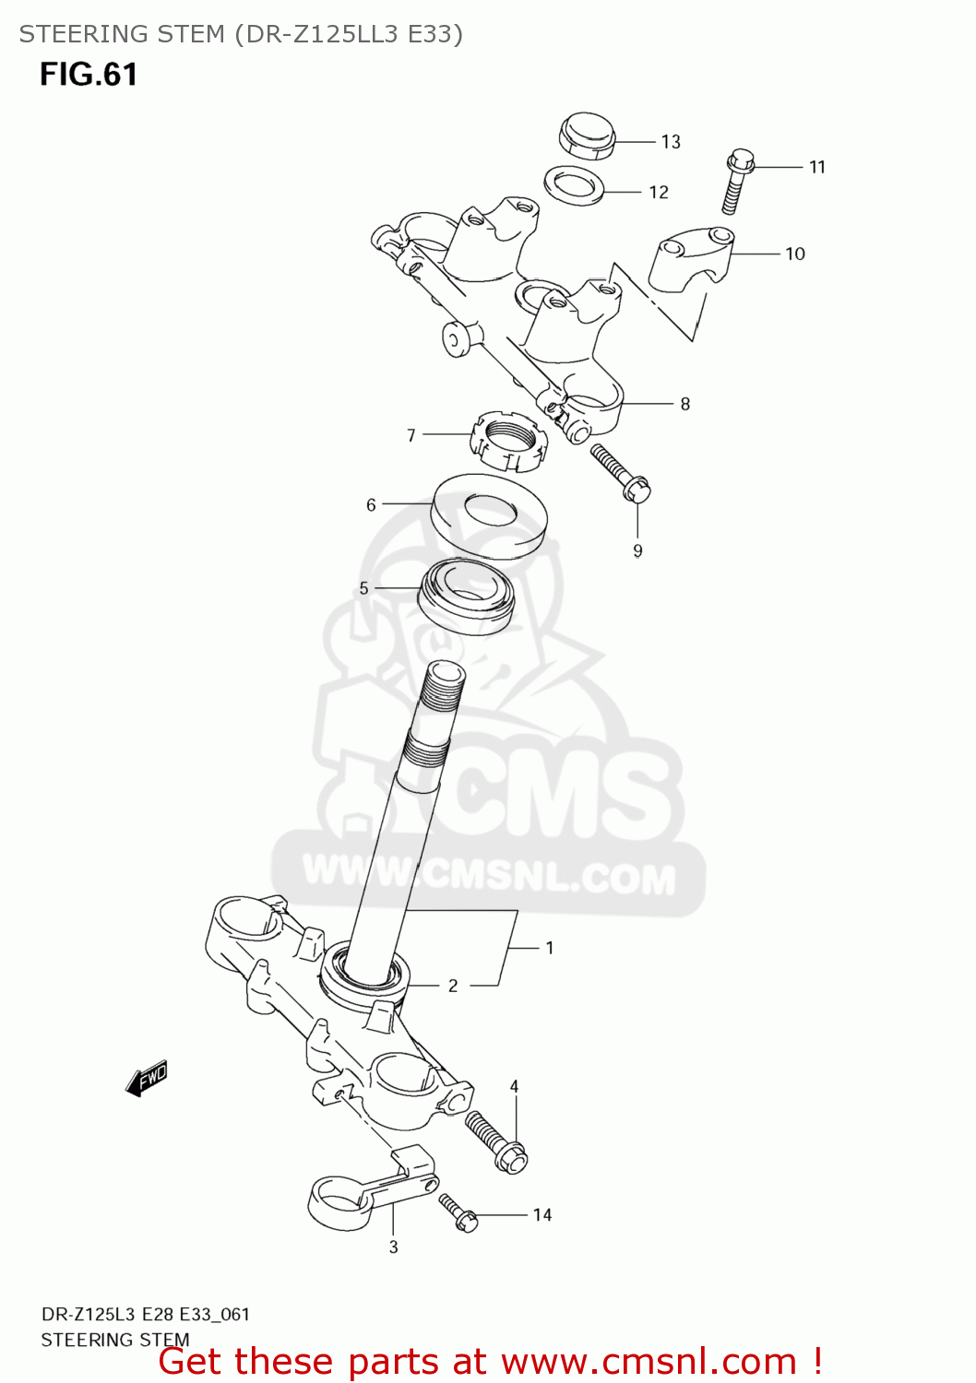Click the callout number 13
click(671, 142)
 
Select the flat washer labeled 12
click(574, 185)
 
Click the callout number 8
click(685, 404)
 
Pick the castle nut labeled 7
click(509, 440)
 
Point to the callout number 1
click(550, 948)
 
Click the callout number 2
click(453, 986)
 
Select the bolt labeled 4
click(496, 1141)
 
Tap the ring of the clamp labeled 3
click(339, 1202)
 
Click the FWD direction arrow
click(147, 1077)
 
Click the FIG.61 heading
click(89, 75)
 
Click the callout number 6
click(371, 505)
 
